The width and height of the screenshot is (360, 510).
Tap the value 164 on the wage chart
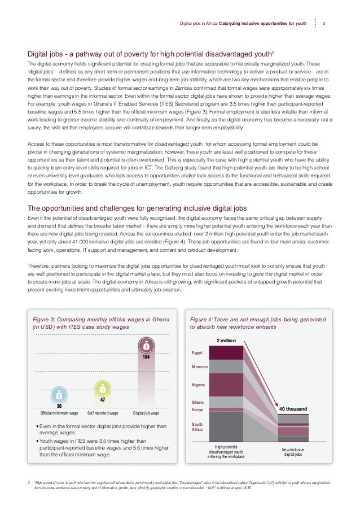pyautogui.click(x=146, y=357)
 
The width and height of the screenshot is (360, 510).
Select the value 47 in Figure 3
pyautogui.click(x=103, y=399)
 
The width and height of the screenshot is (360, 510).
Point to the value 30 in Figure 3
pyautogui.click(x=59, y=405)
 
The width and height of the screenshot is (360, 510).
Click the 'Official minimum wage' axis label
pyautogui.click(x=59, y=413)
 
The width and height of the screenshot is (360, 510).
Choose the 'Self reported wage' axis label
pyautogui.click(x=103, y=413)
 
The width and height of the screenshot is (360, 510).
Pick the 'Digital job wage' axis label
pyautogui.click(x=146, y=413)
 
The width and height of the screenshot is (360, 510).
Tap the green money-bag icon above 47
pyautogui.click(x=103, y=389)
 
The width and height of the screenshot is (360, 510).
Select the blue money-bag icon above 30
pyautogui.click(x=59, y=395)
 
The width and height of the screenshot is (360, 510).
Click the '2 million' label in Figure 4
pyautogui.click(x=226, y=341)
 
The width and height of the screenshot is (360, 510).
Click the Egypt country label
pyautogui.click(x=197, y=352)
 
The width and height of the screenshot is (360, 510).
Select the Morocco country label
pyautogui.click(x=200, y=367)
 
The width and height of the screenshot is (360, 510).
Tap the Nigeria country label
pyautogui.click(x=198, y=385)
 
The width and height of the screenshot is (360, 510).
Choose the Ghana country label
pyautogui.click(x=197, y=402)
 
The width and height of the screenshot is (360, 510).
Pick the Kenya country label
pyautogui.click(x=197, y=409)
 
